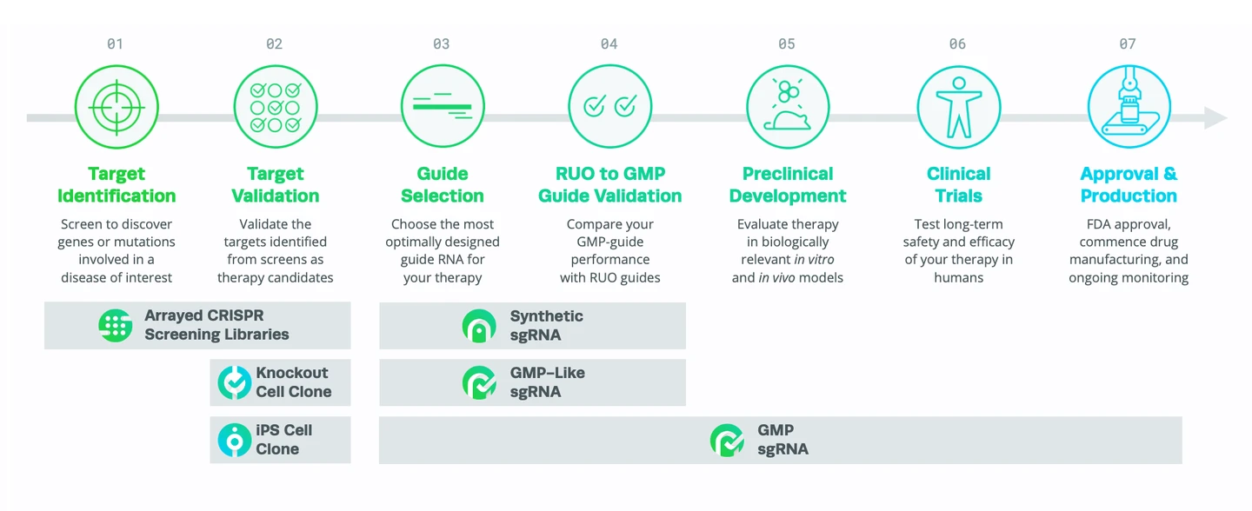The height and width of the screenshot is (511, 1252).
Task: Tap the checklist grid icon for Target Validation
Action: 275,107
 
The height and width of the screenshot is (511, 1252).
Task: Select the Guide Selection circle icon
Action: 442,107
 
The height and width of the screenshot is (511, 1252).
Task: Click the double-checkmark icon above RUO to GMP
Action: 609,107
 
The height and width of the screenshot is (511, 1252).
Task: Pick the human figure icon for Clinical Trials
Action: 958,107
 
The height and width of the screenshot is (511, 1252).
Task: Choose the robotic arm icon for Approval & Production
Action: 1128,107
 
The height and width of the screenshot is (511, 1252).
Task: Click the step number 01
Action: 115,44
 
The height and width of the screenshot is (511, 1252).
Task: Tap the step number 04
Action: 609,44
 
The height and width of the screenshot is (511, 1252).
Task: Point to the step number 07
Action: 1127,44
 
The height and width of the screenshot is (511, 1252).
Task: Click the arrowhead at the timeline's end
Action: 1215,117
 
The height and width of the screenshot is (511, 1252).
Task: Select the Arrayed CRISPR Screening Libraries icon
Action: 116,325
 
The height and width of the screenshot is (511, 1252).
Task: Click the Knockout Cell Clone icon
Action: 234,382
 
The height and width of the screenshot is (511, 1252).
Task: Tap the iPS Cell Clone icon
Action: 234,440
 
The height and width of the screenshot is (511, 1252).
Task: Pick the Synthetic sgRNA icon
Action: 479,325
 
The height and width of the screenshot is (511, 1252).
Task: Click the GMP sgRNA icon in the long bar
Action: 727,440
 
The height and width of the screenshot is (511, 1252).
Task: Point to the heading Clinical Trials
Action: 958,184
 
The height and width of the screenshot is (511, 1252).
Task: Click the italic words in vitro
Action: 809,259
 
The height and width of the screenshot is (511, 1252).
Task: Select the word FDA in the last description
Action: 1076,223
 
